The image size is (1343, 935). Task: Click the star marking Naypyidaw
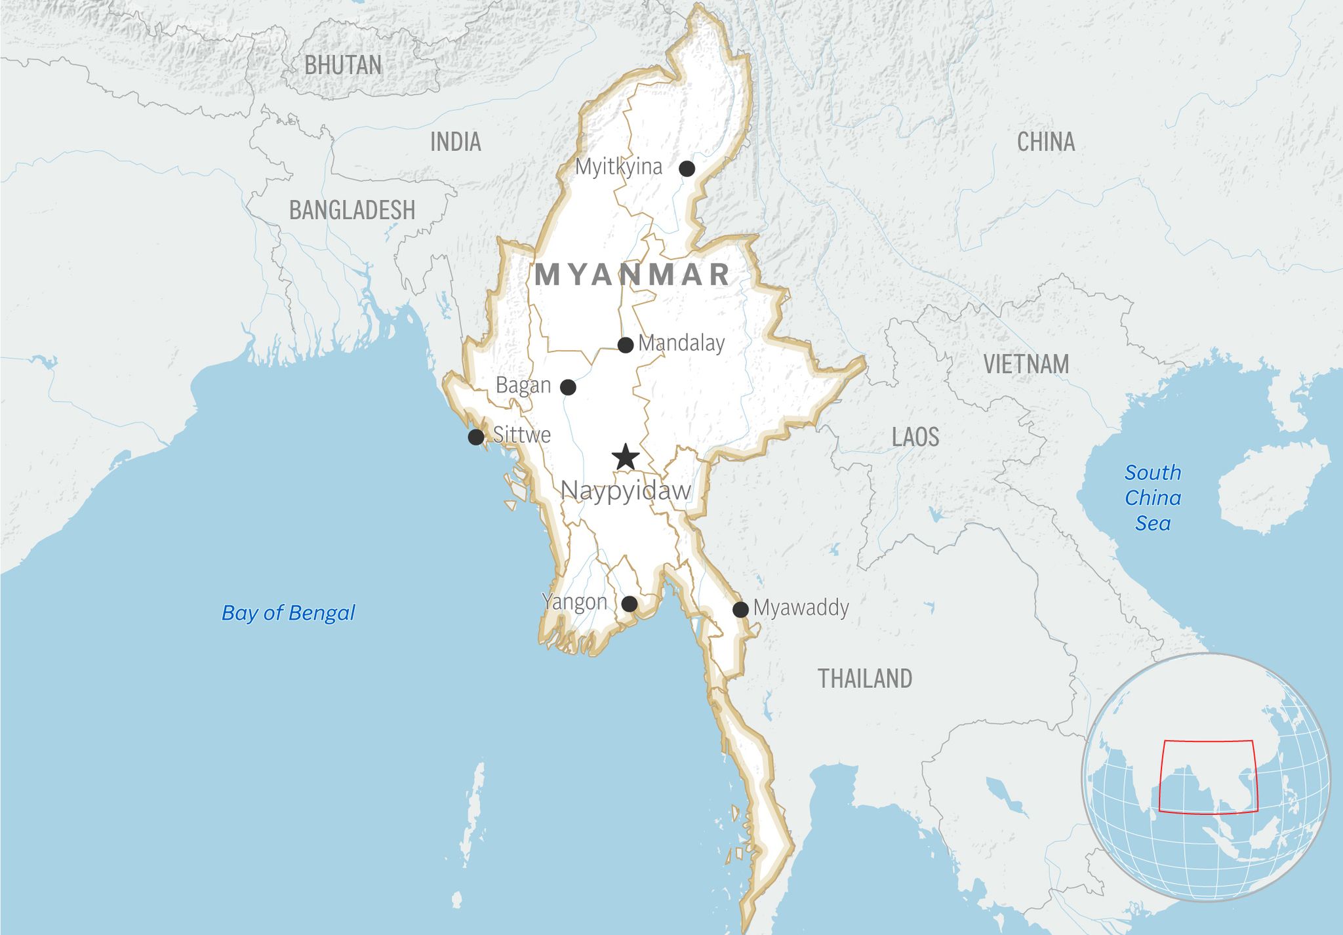pyautogui.click(x=626, y=457)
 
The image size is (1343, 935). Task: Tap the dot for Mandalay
pyautogui.click(x=626, y=344)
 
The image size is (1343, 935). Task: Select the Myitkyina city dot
pyautogui.click(x=687, y=169)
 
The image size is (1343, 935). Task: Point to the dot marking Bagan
pyautogui.click(x=568, y=387)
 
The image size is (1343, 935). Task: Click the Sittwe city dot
pyautogui.click(x=475, y=437)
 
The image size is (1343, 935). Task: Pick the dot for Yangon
pyautogui.click(x=629, y=604)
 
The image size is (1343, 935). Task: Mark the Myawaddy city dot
pyautogui.click(x=740, y=609)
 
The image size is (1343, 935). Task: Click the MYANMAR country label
pyautogui.click(x=632, y=274)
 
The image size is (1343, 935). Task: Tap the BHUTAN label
pyautogui.click(x=343, y=66)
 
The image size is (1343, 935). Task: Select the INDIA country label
pyautogui.click(x=455, y=142)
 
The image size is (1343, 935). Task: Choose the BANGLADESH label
pyautogui.click(x=352, y=210)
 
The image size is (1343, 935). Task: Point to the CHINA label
pyautogui.click(x=1046, y=142)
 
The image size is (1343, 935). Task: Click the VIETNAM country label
pyautogui.click(x=1026, y=364)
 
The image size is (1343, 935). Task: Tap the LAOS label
pyautogui.click(x=915, y=437)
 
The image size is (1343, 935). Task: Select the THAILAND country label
pyautogui.click(x=865, y=679)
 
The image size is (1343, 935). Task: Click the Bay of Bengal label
pyautogui.click(x=289, y=613)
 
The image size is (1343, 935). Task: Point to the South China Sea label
pyautogui.click(x=1153, y=498)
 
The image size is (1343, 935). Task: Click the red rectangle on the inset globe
pyautogui.click(x=1208, y=742)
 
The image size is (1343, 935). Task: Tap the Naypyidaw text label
pyautogui.click(x=626, y=490)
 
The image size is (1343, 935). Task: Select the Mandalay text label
pyautogui.click(x=681, y=343)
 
